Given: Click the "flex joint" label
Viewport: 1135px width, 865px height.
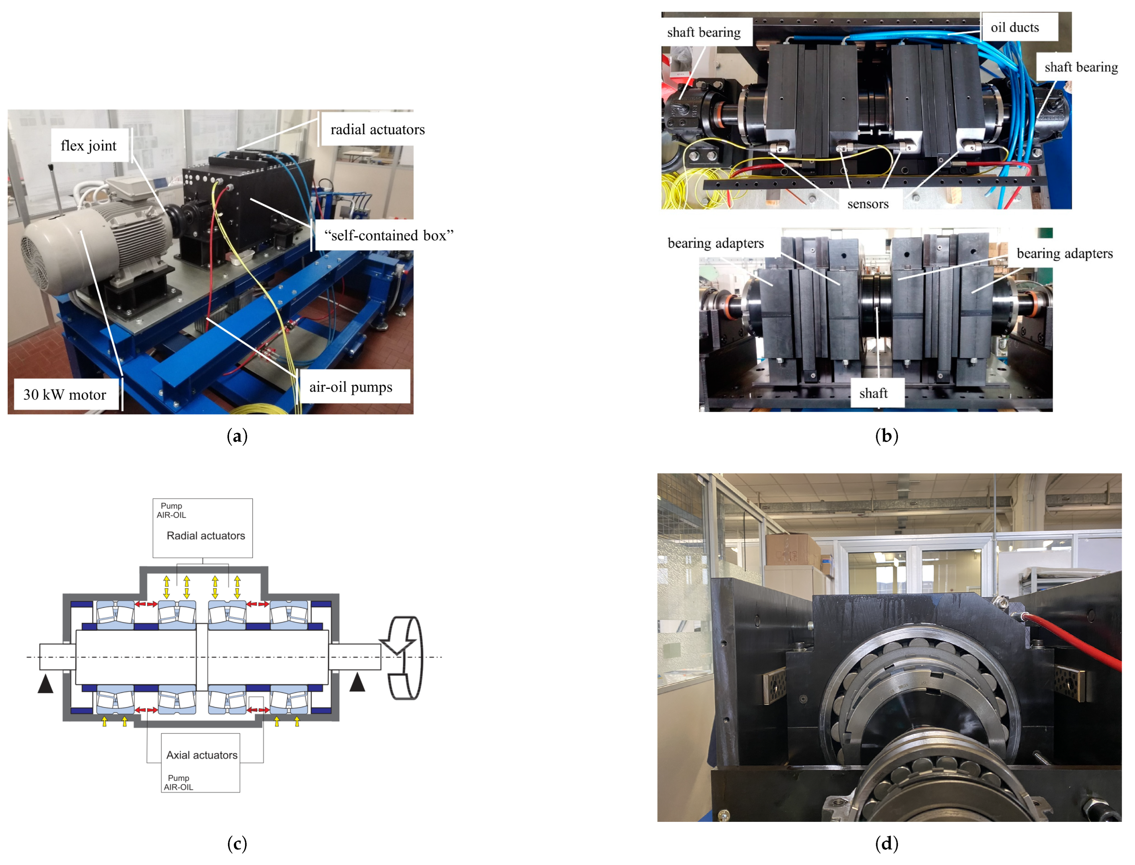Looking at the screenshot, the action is click(x=89, y=146).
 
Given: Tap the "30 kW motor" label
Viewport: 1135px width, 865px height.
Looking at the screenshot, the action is click(x=65, y=395).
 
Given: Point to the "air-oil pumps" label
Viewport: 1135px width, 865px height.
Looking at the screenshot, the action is click(x=351, y=387).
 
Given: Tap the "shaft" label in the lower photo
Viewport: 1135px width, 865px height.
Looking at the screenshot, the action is click(x=873, y=393).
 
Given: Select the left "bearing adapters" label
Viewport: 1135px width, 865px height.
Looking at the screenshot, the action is click(x=715, y=243).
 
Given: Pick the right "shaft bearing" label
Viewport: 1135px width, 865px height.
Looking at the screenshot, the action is click(x=1081, y=68).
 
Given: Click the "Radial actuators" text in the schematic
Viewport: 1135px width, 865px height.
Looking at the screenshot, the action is click(x=206, y=536).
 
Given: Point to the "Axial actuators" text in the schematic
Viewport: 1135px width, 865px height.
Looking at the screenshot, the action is click(x=202, y=755).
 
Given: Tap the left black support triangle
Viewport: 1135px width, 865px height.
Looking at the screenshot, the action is click(x=45, y=685).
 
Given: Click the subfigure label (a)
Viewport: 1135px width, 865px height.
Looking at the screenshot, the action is click(x=237, y=437).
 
